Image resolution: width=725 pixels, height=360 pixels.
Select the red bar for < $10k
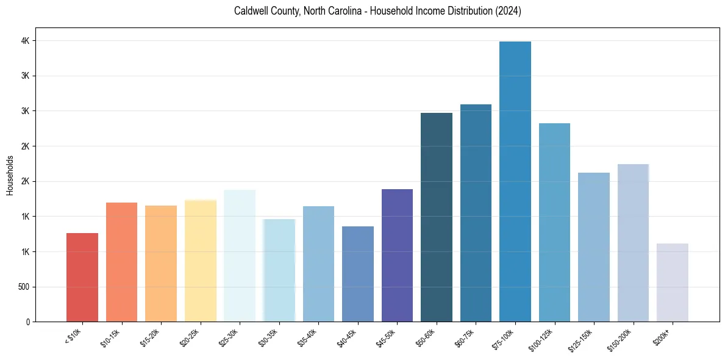point(82,277)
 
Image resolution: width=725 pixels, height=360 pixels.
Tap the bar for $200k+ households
point(673,283)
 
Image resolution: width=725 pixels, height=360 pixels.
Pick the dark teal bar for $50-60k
point(437,217)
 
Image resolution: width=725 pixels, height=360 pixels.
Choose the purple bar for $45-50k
point(397,255)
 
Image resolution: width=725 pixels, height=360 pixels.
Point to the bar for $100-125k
point(554,222)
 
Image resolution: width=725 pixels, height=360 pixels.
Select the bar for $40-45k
point(358,274)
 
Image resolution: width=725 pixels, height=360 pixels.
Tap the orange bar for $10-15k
point(122,262)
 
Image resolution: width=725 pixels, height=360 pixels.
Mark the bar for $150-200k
point(633,243)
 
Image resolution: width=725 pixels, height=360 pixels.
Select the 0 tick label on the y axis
point(27,322)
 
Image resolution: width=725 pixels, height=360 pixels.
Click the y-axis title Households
point(10,175)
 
